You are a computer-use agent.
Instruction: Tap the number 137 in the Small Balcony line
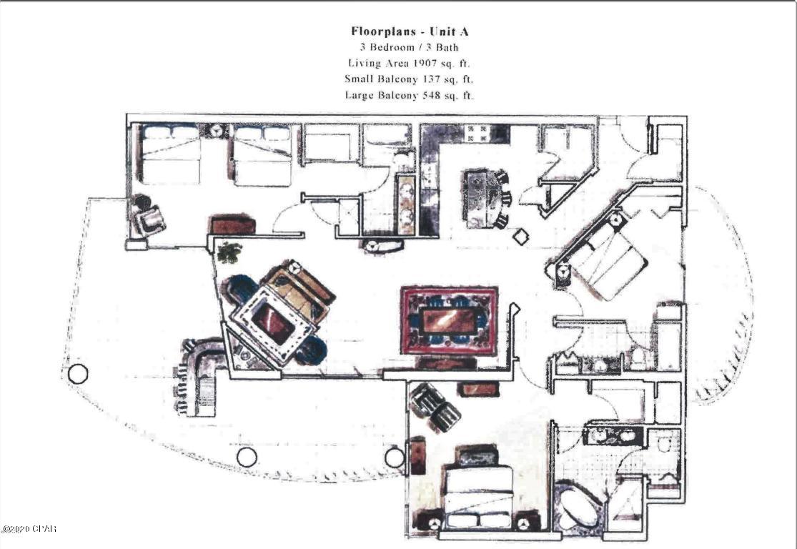pos(424,79)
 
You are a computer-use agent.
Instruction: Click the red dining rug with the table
pos(449,320)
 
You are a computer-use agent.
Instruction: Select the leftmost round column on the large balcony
pos(78,373)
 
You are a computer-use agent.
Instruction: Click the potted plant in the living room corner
pos(230,252)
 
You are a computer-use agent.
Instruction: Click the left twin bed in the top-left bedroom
pos(170,154)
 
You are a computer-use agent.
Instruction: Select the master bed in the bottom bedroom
pos(477,494)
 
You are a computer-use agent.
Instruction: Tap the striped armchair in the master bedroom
pos(435,407)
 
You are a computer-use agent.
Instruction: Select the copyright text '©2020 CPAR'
pos(29,530)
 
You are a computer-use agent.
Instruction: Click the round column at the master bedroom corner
pos(394,457)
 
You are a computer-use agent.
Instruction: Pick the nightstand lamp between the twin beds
pos(216,132)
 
